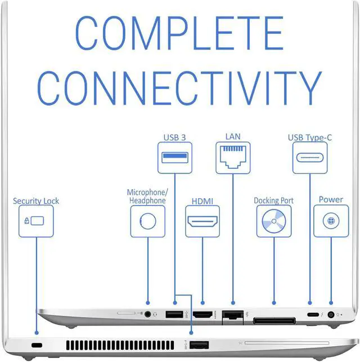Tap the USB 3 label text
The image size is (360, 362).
(x=174, y=137)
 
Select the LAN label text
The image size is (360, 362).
(x=232, y=136)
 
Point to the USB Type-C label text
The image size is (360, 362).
(x=309, y=137)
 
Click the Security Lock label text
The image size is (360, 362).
(x=36, y=200)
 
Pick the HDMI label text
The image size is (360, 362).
(x=202, y=200)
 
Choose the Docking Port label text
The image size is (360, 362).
(x=274, y=200)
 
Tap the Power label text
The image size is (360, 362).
(x=331, y=199)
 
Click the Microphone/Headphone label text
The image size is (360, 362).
(x=147, y=196)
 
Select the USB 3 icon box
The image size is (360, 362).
(x=174, y=157)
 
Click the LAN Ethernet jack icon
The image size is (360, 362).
(x=232, y=157)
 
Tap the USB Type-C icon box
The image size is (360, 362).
(x=309, y=157)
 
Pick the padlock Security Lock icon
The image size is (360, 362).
(x=36, y=221)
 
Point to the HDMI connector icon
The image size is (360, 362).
(x=202, y=221)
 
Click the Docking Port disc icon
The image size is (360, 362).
(x=274, y=221)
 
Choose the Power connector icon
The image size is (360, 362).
(x=331, y=221)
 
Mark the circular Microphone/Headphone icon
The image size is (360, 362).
(x=147, y=221)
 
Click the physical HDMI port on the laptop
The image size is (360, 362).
(x=202, y=315)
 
